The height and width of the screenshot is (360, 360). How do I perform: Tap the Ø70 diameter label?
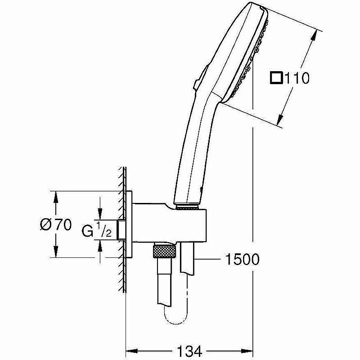(x=55, y=225)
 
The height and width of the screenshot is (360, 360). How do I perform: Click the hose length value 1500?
(x=241, y=260)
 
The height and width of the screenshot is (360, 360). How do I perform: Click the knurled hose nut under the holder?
(x=163, y=251)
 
